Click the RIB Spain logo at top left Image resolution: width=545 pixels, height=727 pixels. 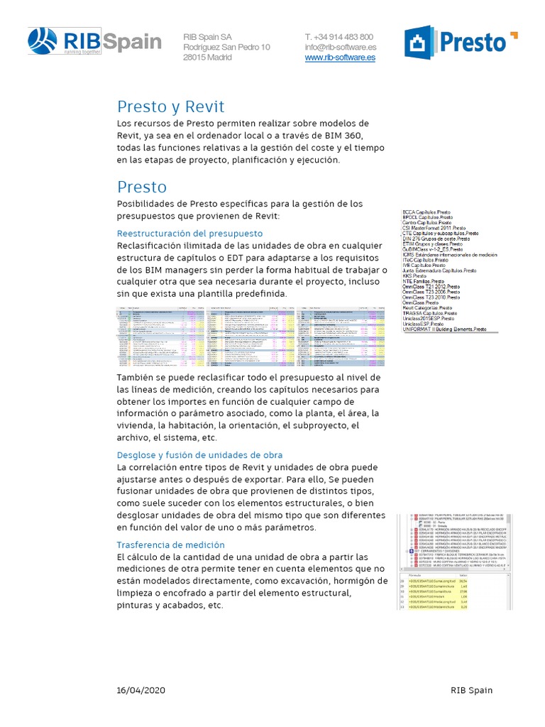[94, 42]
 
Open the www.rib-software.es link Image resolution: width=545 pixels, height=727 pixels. [340, 58]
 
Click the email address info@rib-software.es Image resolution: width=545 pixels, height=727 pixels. [340, 48]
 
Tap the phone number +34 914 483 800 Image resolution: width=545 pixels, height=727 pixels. [338, 37]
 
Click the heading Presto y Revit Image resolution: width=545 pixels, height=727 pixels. [170, 106]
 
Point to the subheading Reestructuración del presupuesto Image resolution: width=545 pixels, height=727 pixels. [189, 233]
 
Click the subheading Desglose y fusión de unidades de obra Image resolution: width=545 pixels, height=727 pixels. [199, 454]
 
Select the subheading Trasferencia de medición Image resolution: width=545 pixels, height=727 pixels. [170, 545]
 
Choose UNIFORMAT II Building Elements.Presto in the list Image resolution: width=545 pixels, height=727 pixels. [444, 329]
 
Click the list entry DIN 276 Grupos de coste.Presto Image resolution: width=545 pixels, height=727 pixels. [436, 239]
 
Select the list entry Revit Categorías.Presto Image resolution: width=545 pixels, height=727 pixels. [429, 306]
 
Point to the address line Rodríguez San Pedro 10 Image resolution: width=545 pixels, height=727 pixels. [226, 48]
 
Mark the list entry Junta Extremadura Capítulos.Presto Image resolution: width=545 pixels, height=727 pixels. [439, 270]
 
